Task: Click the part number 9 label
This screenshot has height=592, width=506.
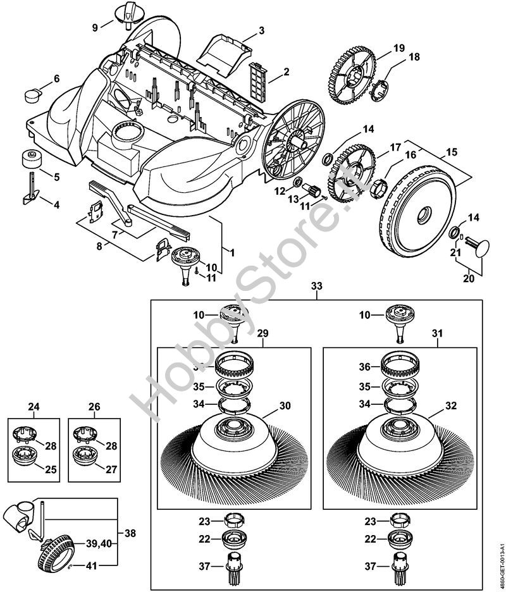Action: click(x=95, y=27)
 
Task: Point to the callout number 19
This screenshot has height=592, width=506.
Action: click(x=398, y=48)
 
